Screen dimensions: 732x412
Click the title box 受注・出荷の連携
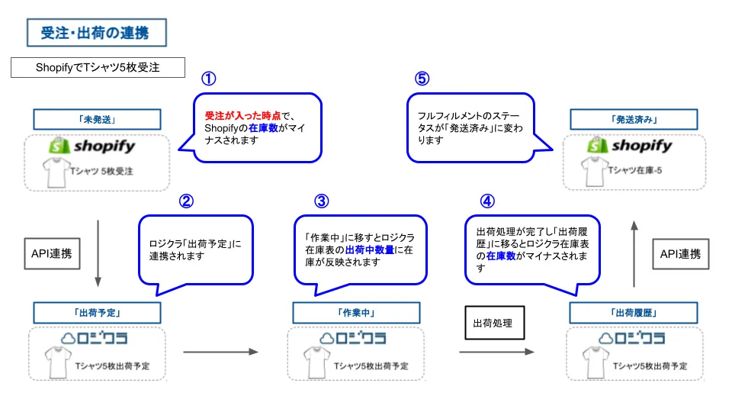(97, 33)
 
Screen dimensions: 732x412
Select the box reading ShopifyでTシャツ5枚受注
(98, 67)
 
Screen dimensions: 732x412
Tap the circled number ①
(209, 79)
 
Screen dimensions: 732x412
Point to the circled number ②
(186, 201)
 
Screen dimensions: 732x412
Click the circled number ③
(322, 201)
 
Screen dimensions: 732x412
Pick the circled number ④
(487, 201)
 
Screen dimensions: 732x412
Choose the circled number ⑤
(422, 79)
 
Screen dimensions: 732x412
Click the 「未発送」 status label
(97, 120)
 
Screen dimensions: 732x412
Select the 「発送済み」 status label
(634, 120)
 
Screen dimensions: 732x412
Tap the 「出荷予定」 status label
(97, 313)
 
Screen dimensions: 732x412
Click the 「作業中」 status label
(356, 313)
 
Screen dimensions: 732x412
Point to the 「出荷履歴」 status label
(634, 313)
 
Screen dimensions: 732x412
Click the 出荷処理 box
(495, 323)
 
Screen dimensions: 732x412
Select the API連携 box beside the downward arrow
(53, 253)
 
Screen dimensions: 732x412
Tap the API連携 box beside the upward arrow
(681, 254)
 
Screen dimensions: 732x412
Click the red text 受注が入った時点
(242, 116)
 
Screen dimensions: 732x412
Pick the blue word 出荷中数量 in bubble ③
(370, 250)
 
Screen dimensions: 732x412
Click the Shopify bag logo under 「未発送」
(59, 145)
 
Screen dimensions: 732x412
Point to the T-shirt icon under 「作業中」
(317, 362)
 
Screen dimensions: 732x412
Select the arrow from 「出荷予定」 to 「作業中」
(221, 352)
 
